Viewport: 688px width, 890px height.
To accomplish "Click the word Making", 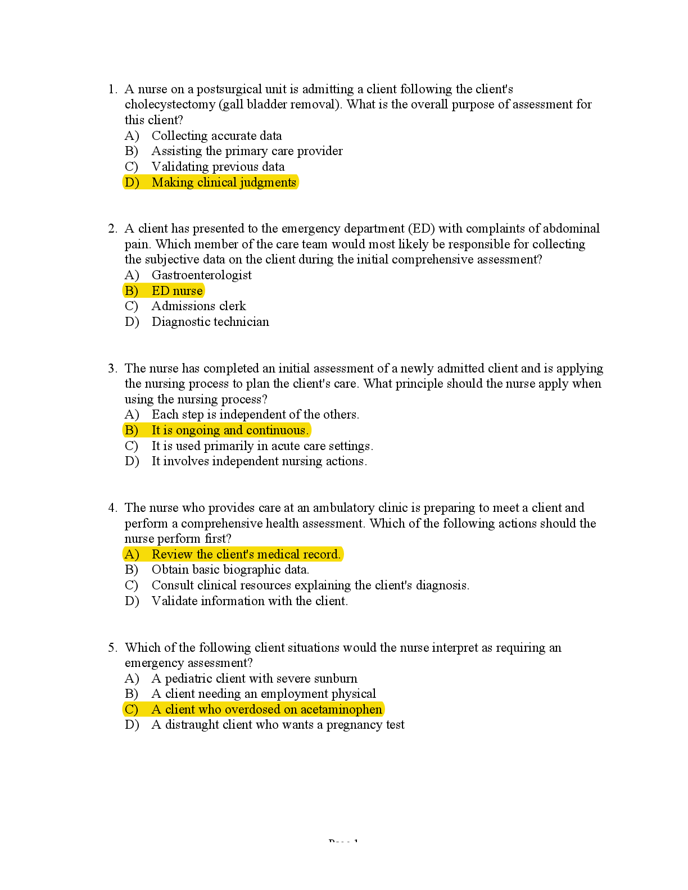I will [173, 183].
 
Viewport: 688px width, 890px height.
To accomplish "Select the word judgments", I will [268, 183].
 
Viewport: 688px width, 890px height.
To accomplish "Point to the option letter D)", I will [132, 183].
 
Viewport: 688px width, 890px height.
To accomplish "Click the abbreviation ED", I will [160, 291].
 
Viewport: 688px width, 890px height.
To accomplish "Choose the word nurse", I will [188, 291].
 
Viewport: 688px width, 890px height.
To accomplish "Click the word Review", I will [172, 555].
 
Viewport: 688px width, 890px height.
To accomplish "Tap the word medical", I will [278, 555].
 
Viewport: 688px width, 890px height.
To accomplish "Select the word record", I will [322, 555].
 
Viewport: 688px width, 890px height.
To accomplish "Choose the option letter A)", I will [132, 555].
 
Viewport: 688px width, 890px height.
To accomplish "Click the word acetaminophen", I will [341, 710].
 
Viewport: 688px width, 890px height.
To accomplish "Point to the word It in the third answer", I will [156, 430].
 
